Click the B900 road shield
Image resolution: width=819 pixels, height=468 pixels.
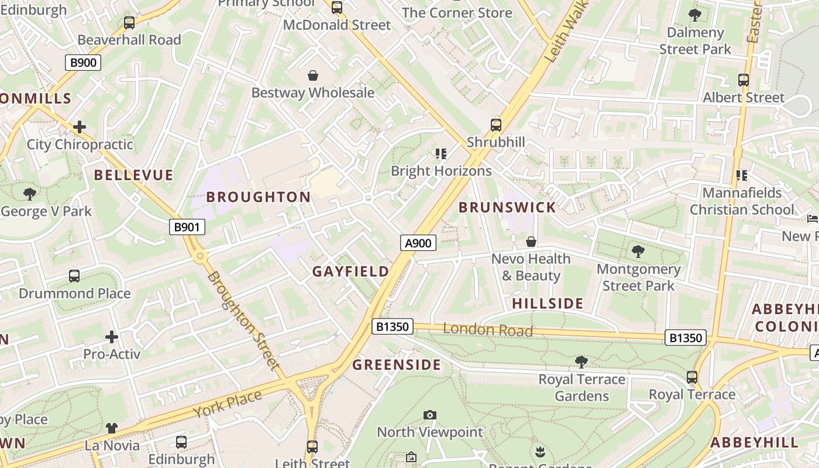tap(83, 63)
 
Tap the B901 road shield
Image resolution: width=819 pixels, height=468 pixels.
tap(187, 227)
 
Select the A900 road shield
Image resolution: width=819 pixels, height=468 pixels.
tap(418, 243)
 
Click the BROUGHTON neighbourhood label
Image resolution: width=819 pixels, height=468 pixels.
tap(259, 197)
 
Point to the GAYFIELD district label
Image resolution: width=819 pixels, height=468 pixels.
tap(350, 271)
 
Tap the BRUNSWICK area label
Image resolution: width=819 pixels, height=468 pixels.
tap(507, 208)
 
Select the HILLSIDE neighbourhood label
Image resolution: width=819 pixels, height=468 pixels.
tap(548, 304)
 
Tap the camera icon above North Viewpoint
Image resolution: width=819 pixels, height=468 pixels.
tap(430, 415)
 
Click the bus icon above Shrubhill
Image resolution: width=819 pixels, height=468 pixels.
tap(496, 125)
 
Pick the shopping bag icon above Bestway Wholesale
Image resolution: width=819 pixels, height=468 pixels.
tap(313, 75)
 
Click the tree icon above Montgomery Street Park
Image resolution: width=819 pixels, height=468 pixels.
tap(638, 252)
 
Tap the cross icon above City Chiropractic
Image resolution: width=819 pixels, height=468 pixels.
tap(80, 127)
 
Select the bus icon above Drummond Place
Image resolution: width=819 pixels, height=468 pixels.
tap(74, 276)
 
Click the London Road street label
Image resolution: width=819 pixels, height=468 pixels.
tap(488, 330)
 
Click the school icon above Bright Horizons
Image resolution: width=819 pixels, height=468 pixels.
tap(441, 154)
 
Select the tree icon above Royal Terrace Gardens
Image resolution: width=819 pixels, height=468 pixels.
tap(581, 362)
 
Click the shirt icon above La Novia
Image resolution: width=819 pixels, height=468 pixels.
tap(112, 429)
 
